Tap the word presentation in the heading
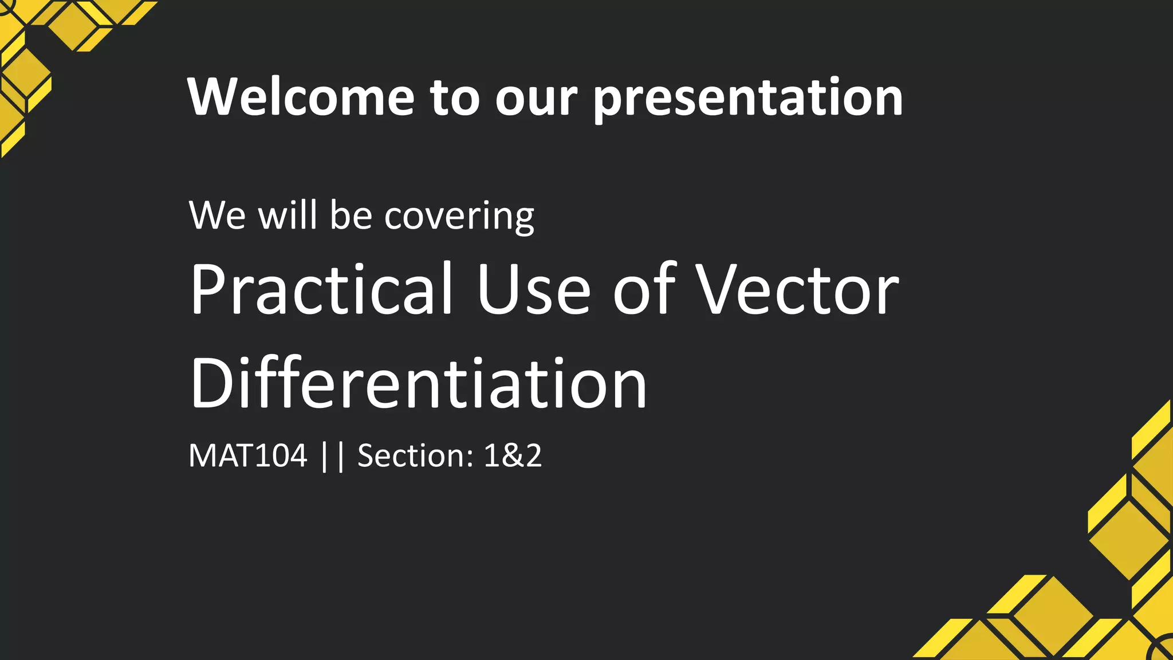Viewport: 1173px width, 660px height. (x=748, y=99)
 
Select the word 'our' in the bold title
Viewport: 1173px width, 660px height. (x=536, y=99)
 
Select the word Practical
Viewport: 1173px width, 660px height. (x=321, y=289)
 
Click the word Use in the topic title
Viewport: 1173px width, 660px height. (x=533, y=289)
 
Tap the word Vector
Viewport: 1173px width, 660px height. (x=797, y=289)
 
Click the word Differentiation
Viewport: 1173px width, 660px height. (x=419, y=383)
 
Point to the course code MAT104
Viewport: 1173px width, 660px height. (x=247, y=456)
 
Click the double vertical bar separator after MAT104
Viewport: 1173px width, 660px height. (x=333, y=456)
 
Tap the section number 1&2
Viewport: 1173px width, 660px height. (x=513, y=456)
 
